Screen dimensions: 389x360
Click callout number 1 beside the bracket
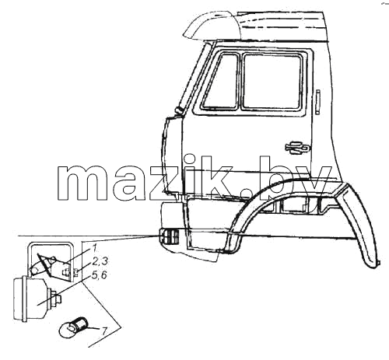(94, 249)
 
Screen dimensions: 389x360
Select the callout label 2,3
(100, 261)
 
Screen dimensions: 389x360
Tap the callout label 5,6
(99, 275)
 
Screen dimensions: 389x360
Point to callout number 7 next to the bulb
(103, 330)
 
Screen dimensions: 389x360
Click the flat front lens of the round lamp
(19, 299)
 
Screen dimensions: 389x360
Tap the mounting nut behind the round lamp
(56, 299)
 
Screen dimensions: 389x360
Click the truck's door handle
(297, 148)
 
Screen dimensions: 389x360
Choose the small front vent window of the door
(221, 81)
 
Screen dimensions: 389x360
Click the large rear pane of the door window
(272, 81)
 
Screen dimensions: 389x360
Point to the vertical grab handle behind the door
(318, 102)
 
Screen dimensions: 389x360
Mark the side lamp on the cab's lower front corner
(169, 236)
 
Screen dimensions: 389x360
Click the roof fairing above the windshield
(212, 25)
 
